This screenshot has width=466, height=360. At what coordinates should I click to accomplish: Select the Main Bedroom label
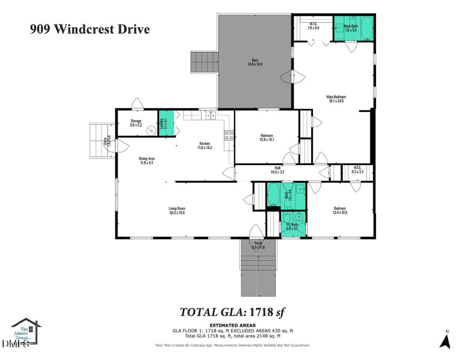point(336,99)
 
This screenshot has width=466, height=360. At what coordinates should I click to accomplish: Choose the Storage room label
point(136,123)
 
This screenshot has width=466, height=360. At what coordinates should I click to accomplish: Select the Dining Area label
point(147,161)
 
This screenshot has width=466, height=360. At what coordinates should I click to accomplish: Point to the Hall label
point(278,169)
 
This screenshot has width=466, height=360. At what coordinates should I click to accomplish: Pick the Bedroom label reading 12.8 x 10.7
point(267,138)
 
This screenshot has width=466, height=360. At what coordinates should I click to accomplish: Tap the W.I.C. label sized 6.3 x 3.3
point(357,169)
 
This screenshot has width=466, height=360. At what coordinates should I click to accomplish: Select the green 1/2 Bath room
point(293,225)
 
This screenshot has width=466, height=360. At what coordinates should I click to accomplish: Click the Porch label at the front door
point(258,245)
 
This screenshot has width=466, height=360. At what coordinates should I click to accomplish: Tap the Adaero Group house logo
point(26,332)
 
